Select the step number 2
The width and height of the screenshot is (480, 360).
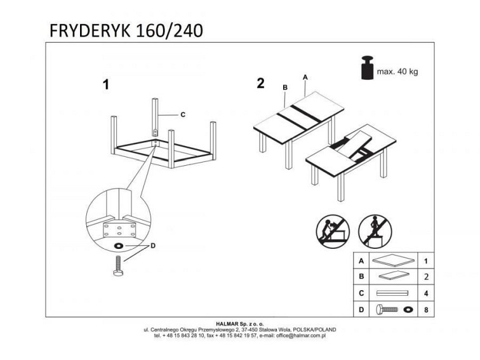pyautogui.click(x=260, y=83)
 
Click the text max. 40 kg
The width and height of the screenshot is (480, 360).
pyautogui.click(x=397, y=72)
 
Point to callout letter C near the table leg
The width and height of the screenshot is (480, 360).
pyautogui.click(x=182, y=115)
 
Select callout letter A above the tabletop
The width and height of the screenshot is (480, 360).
pyautogui.click(x=305, y=77)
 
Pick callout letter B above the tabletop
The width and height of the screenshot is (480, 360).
pyautogui.click(x=285, y=87)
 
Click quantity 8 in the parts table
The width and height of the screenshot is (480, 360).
pyautogui.click(x=427, y=310)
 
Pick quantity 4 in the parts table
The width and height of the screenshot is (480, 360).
pyautogui.click(x=427, y=293)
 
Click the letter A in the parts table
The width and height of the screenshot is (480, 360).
pyautogui.click(x=361, y=260)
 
